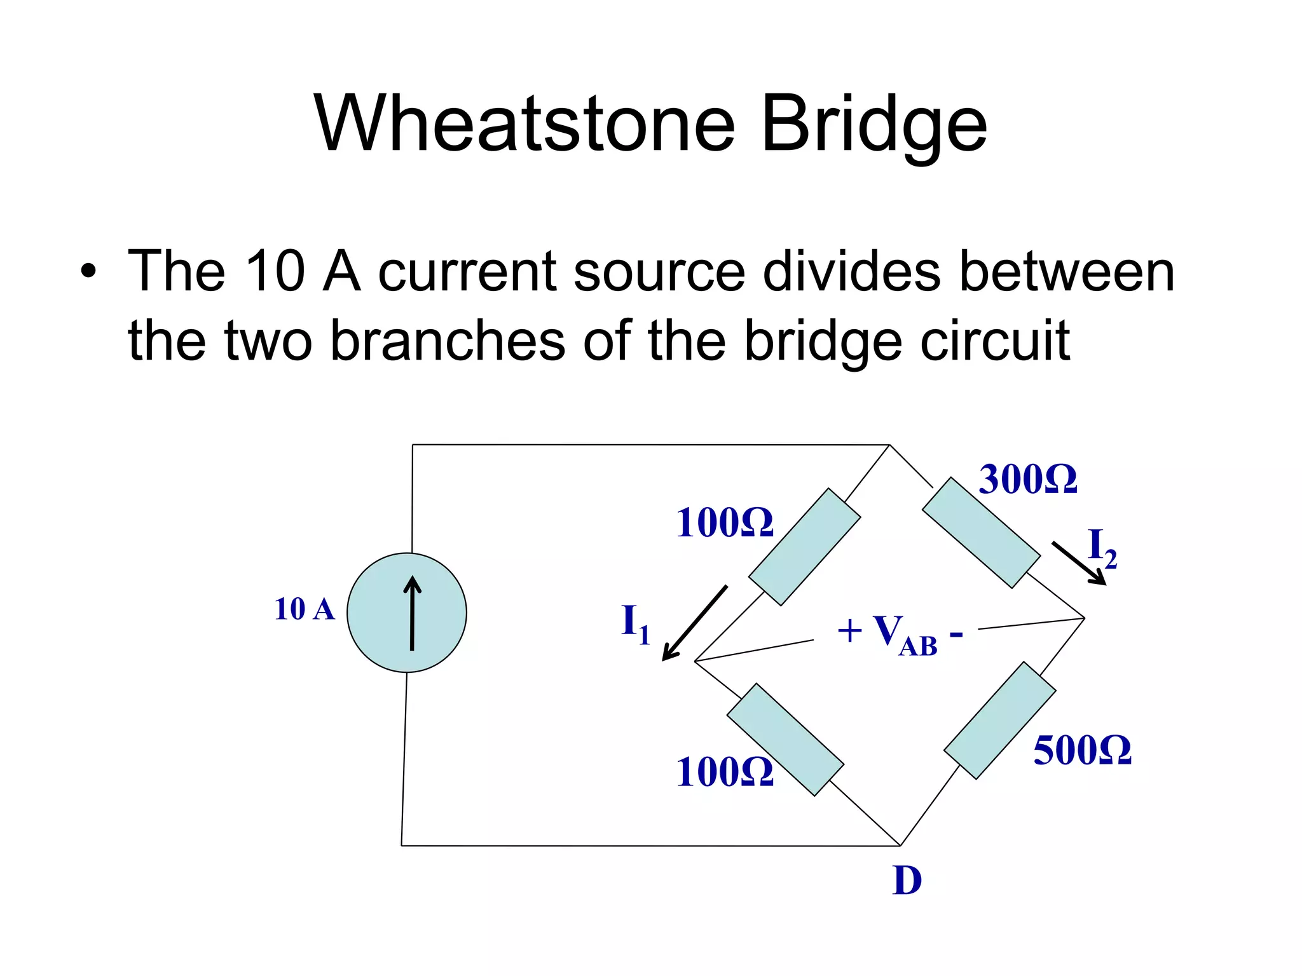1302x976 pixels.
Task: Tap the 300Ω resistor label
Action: [1027, 479]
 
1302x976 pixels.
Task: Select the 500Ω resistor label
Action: [1082, 750]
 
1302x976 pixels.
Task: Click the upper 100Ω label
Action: [724, 523]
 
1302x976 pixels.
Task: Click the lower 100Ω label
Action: [724, 772]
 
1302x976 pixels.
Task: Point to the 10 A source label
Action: [304, 609]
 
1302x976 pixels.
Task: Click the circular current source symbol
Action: [407, 613]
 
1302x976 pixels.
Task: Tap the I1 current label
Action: [635, 623]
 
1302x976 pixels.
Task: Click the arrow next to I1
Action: [694, 623]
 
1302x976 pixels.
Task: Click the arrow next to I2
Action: [1079, 563]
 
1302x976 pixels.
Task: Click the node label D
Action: [907, 881]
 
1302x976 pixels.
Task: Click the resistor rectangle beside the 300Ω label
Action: [981, 532]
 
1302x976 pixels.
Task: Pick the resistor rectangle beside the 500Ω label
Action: [999, 720]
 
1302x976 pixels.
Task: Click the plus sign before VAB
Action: [849, 632]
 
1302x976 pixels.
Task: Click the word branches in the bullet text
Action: [448, 341]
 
